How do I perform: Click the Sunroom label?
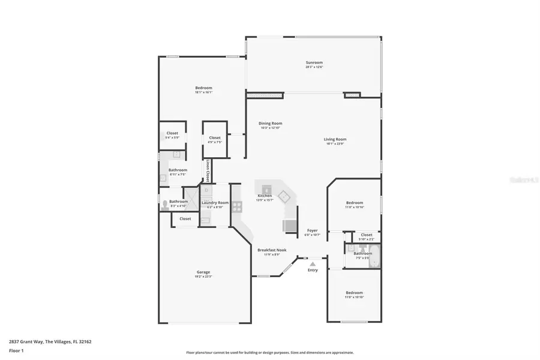[314, 62]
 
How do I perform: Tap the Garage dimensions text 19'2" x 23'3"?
[203, 277]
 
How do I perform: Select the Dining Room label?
[270, 123]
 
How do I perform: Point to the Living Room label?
[336, 139]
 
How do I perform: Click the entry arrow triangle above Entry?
[312, 263]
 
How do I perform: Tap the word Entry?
[313, 270]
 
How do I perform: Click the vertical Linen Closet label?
[207, 171]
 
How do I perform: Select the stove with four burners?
[236, 207]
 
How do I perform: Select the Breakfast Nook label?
[272, 250]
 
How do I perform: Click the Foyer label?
[313, 230]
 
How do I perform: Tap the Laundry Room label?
[215, 203]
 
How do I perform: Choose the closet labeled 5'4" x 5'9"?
[172, 135]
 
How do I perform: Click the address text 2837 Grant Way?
[30, 341]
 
